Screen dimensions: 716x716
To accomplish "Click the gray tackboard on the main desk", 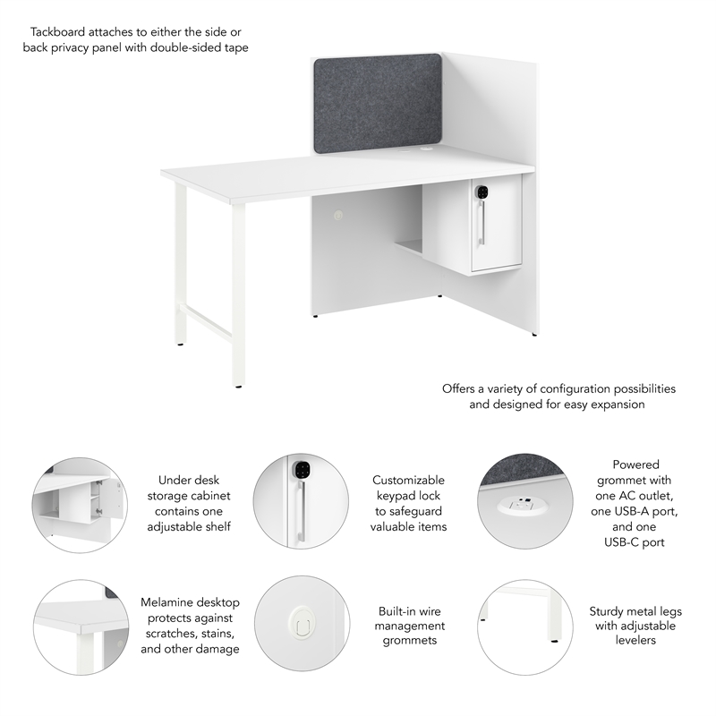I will [377, 102].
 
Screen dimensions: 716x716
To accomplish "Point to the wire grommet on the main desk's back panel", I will [337, 216].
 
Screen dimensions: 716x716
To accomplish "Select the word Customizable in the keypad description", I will [408, 481].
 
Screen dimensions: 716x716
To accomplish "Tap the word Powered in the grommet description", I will [635, 465].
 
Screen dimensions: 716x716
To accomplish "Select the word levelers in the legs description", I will [635, 642].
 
